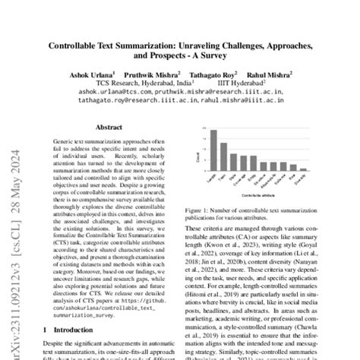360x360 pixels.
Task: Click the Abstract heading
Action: [109, 129]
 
